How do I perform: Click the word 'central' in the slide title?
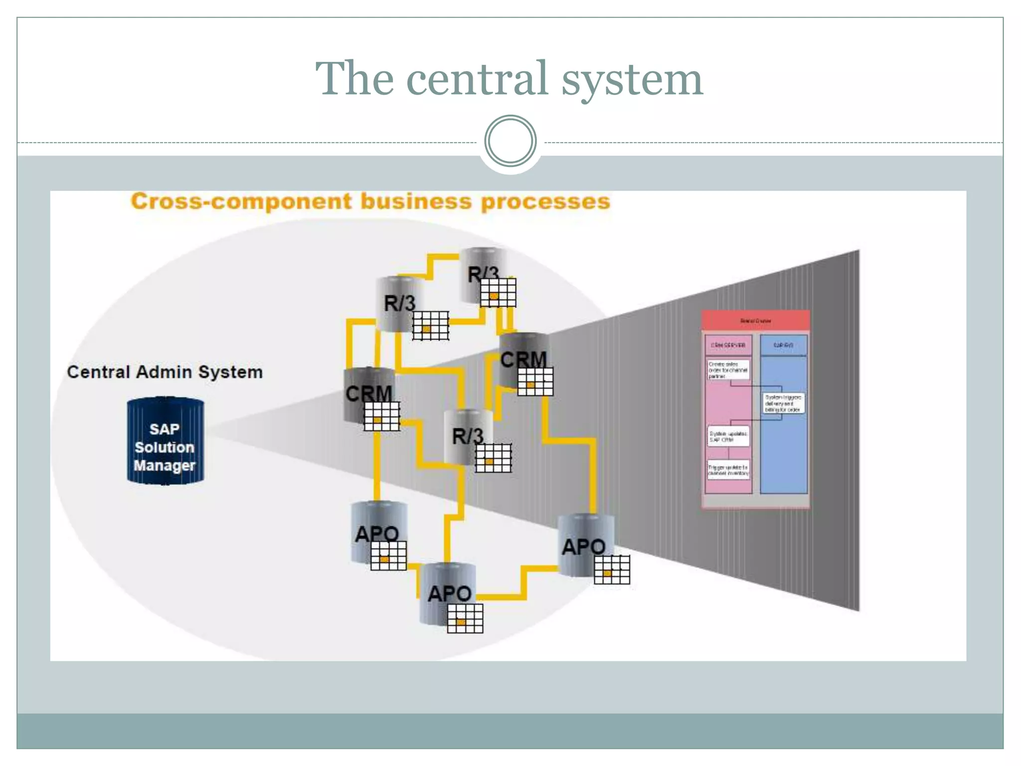pyautogui.click(x=478, y=79)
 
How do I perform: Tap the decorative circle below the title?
pyautogui.click(x=510, y=141)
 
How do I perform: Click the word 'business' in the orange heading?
pyautogui.click(x=416, y=201)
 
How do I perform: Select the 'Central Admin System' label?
pyautogui.click(x=165, y=372)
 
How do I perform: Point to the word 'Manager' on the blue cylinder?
pyautogui.click(x=165, y=465)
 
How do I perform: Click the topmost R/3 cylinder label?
pyautogui.click(x=483, y=274)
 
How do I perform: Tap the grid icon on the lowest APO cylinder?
pyautogui.click(x=465, y=618)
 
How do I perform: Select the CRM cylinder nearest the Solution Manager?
pyautogui.click(x=369, y=394)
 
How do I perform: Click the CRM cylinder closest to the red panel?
pyautogui.click(x=523, y=359)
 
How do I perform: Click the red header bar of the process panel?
pyautogui.click(x=755, y=321)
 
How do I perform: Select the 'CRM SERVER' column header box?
pyautogui.click(x=728, y=345)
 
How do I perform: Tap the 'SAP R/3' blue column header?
pyautogui.click(x=783, y=345)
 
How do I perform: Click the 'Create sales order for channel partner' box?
pyautogui.click(x=728, y=370)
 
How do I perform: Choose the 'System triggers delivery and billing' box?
pyautogui.click(x=783, y=403)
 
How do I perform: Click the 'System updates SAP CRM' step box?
pyautogui.click(x=728, y=436)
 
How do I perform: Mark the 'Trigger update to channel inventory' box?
pyautogui.click(x=728, y=470)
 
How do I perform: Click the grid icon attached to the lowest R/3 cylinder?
pyautogui.click(x=493, y=458)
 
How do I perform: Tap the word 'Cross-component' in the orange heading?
pyautogui.click(x=241, y=201)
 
